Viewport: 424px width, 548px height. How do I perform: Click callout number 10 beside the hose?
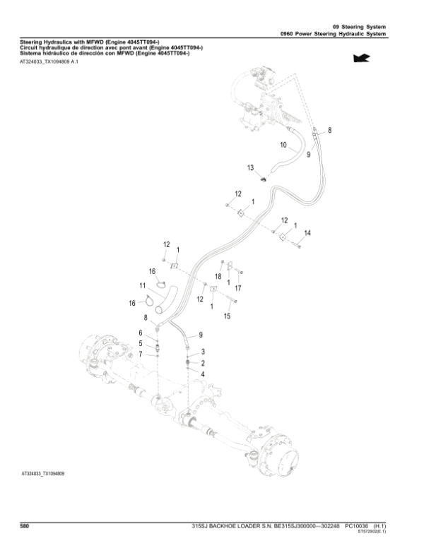coord(283,146)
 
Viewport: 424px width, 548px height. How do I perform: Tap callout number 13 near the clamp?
coord(250,167)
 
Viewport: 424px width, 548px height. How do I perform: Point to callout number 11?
coord(142,286)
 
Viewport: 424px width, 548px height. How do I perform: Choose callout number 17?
coord(237,287)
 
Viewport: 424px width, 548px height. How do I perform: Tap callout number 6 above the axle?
coord(140,333)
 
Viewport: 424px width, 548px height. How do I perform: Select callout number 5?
coord(140,343)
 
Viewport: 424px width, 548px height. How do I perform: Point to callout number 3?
coord(204,352)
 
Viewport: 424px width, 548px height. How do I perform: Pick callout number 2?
coord(204,362)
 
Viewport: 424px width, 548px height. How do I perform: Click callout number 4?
coord(204,373)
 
